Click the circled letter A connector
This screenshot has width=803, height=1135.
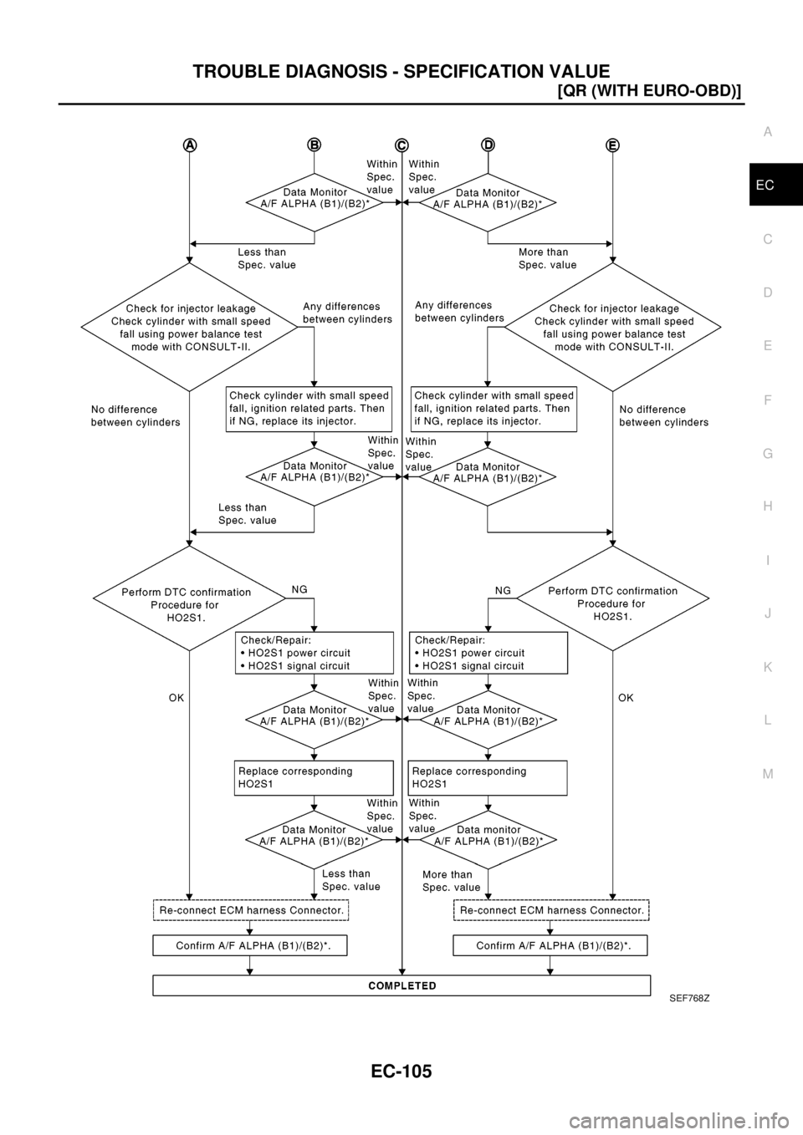point(191,145)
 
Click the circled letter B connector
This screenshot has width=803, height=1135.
point(314,145)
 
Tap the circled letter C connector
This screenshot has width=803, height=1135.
point(401,145)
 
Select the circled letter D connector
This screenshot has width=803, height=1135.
point(488,145)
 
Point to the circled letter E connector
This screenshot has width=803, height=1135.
point(613,145)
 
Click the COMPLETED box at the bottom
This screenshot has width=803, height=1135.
point(401,986)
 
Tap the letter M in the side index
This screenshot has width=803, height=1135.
point(767,773)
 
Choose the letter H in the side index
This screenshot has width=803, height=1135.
point(767,506)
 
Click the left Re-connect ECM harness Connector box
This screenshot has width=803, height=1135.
point(250,910)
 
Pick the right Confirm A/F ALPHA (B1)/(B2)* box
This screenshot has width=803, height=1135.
point(550,945)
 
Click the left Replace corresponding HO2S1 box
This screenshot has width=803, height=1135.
point(314,777)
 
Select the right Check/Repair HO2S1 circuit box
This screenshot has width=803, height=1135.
point(488,653)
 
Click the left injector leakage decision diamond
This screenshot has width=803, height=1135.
point(191,327)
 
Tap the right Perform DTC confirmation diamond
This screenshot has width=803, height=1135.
point(613,598)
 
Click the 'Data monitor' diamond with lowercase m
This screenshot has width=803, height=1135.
point(488,836)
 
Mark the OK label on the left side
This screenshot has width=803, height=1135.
point(176,696)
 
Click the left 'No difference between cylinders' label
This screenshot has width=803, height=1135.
point(136,415)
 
